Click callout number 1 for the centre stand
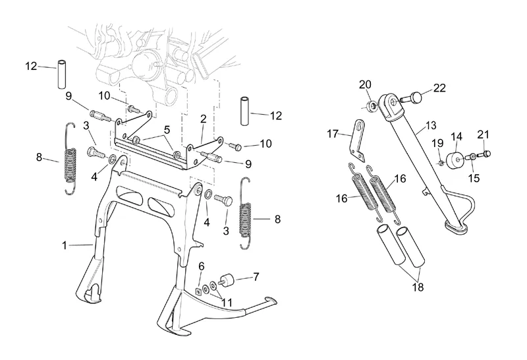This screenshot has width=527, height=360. [x=65, y=246]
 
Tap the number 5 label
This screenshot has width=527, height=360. [x=167, y=129]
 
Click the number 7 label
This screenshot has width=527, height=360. [x=256, y=277]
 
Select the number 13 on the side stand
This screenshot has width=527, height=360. [x=431, y=125]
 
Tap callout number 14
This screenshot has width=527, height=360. [x=456, y=137]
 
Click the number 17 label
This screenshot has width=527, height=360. [x=332, y=134]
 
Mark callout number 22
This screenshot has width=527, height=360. [x=439, y=88]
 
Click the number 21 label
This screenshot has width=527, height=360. [x=484, y=135]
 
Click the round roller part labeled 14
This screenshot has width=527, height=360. [x=455, y=161]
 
